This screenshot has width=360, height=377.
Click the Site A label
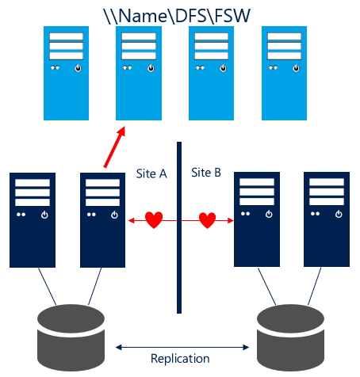[x=152, y=173]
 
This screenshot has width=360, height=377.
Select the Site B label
[x=207, y=172]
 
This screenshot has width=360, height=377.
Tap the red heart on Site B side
[x=207, y=219]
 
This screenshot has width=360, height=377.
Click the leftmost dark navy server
[x=32, y=218]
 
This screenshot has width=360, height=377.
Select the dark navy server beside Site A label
[x=104, y=218]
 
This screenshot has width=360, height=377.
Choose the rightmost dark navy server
[x=327, y=218]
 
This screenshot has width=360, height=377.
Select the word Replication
[x=180, y=359]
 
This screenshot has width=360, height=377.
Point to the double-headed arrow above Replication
[x=180, y=346]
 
